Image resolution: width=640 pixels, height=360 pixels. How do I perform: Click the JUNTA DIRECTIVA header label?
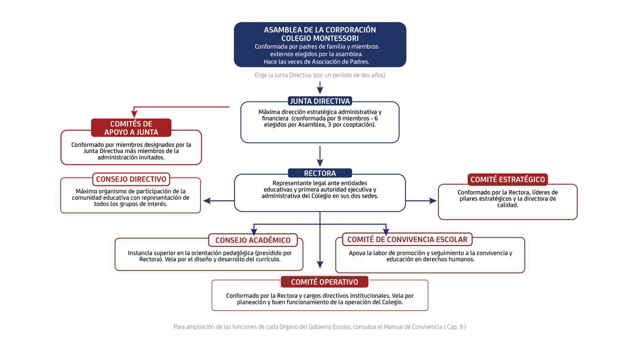320,101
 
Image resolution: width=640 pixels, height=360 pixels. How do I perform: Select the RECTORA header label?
320,173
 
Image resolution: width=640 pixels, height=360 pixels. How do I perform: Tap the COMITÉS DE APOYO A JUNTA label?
131,128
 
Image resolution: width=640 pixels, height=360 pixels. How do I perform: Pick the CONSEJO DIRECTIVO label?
131,179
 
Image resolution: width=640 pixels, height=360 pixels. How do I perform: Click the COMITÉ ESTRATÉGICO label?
508,180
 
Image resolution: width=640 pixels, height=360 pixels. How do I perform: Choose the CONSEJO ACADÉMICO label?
253,240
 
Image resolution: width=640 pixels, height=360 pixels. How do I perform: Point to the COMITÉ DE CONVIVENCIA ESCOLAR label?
407,239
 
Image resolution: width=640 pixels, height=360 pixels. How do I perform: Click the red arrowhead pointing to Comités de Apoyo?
134,114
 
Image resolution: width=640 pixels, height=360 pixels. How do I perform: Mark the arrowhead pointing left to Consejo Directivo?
207,200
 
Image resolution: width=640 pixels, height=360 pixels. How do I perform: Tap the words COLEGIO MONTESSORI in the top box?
320,38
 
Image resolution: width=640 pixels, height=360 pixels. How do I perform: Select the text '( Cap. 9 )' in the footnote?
455,327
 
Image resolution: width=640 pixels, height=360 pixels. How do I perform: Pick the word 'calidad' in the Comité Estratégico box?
508,205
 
